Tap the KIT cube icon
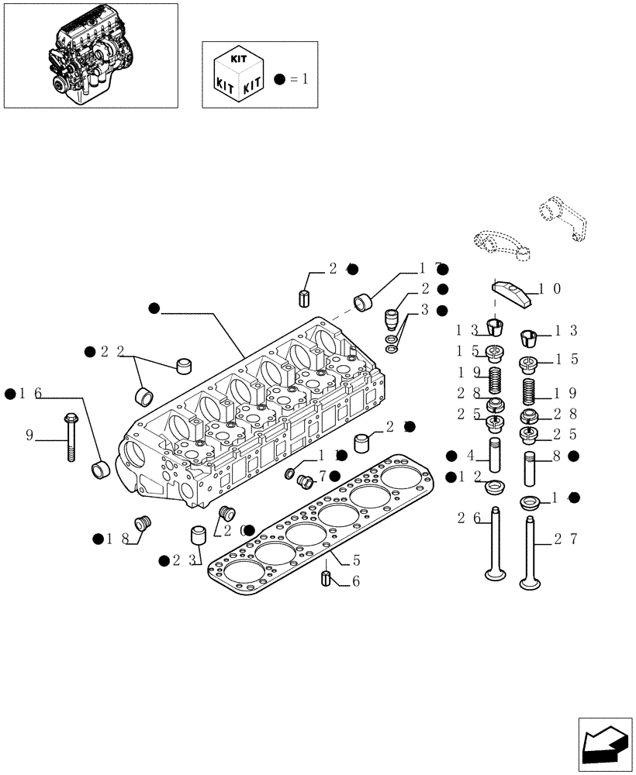click(x=237, y=74)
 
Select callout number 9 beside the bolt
click(x=29, y=436)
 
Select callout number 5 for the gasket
click(x=356, y=559)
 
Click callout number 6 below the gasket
click(x=355, y=581)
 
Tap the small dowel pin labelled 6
click(x=326, y=578)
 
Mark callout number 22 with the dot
click(x=112, y=352)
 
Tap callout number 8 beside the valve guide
click(x=558, y=456)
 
